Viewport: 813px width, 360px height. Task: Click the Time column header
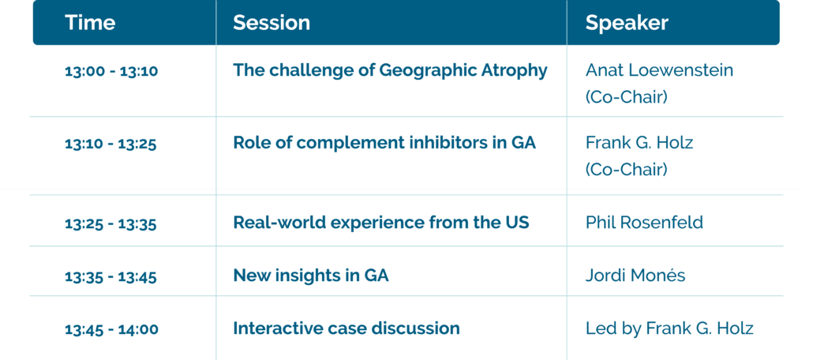90,22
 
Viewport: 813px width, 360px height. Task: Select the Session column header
272,22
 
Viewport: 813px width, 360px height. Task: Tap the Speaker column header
627,23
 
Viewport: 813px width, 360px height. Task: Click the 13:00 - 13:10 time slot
111,71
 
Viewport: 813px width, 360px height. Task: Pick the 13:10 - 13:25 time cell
111,144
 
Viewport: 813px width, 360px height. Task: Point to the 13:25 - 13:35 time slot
111,223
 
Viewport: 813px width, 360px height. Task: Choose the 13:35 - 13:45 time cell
111,276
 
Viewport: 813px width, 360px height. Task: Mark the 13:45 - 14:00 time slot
111,329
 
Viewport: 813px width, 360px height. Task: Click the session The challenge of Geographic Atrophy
390,70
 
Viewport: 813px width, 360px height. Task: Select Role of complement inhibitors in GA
384,143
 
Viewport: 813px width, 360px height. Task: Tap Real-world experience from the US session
381,223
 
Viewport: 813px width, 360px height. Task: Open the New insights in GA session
310,275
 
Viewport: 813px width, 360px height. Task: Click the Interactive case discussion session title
347,328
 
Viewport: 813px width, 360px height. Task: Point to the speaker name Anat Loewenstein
660,70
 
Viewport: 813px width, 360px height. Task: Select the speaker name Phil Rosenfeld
645,223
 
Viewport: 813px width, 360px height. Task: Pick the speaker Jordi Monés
635,275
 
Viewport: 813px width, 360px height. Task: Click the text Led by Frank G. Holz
669,328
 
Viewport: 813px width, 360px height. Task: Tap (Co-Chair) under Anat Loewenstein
627,98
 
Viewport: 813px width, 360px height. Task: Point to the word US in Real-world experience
517,223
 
